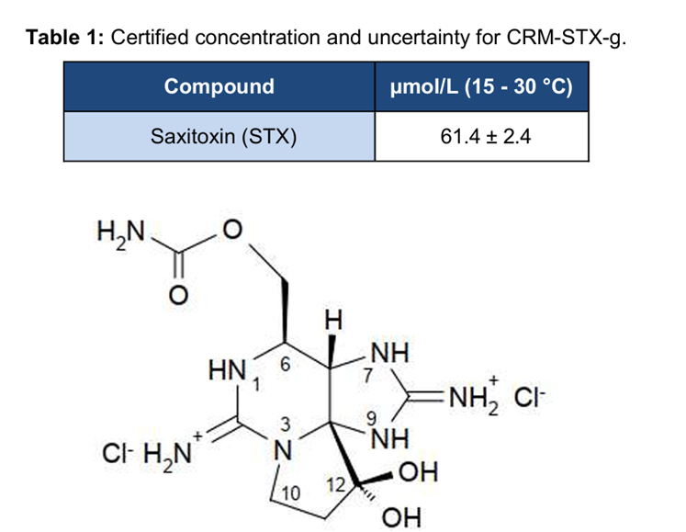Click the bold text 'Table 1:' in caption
coord(63,38)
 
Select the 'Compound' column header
coord(219,86)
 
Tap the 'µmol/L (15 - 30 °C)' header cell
coord(481,86)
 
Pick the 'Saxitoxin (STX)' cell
coord(219,137)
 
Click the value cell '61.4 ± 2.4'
coord(481,137)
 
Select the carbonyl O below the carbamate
coord(180,294)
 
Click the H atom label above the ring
coord(334,321)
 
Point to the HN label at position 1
coord(226,371)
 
